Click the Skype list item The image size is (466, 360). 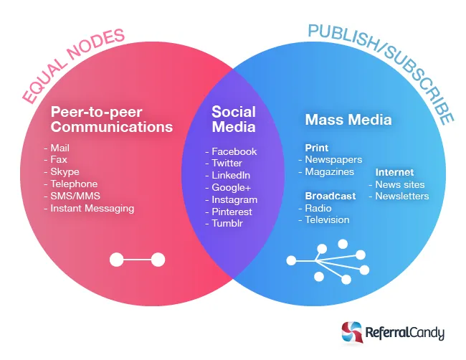(65, 172)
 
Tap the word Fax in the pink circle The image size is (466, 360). (59, 160)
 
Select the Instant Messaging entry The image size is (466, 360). (92, 209)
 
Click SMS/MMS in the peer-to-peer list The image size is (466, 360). (75, 196)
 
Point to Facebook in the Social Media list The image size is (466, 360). (234, 151)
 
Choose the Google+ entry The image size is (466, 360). (232, 188)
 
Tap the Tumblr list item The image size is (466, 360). (227, 223)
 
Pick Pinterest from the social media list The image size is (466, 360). (232, 212)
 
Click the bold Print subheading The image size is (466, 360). (316, 148)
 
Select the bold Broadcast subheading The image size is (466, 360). (331, 196)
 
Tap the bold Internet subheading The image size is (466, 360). (394, 172)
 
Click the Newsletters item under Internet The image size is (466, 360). (402, 196)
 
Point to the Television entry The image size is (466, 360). (327, 220)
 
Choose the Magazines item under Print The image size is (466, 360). (330, 172)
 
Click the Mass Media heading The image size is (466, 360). (348, 120)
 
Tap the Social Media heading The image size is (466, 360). (234, 119)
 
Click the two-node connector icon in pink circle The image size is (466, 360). (138, 260)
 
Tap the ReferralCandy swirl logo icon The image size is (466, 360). (352, 332)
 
